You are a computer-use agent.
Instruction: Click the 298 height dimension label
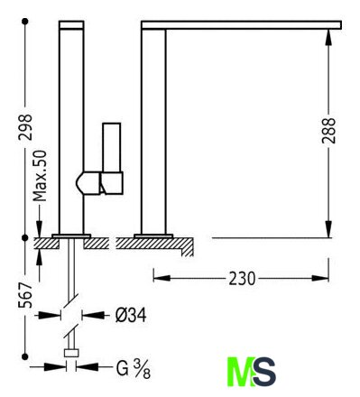tap(25, 127)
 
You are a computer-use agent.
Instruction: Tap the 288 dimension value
tap(328, 131)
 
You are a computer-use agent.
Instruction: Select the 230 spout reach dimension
tap(242, 278)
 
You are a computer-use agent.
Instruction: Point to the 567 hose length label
tap(25, 295)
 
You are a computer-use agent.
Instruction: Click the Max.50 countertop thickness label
tap(40, 176)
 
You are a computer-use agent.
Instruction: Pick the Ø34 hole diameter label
tap(131, 315)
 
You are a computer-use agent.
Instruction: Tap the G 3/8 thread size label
tap(134, 369)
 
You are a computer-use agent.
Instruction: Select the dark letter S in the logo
tap(264, 372)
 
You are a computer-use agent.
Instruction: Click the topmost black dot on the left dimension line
tap(25, 22)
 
